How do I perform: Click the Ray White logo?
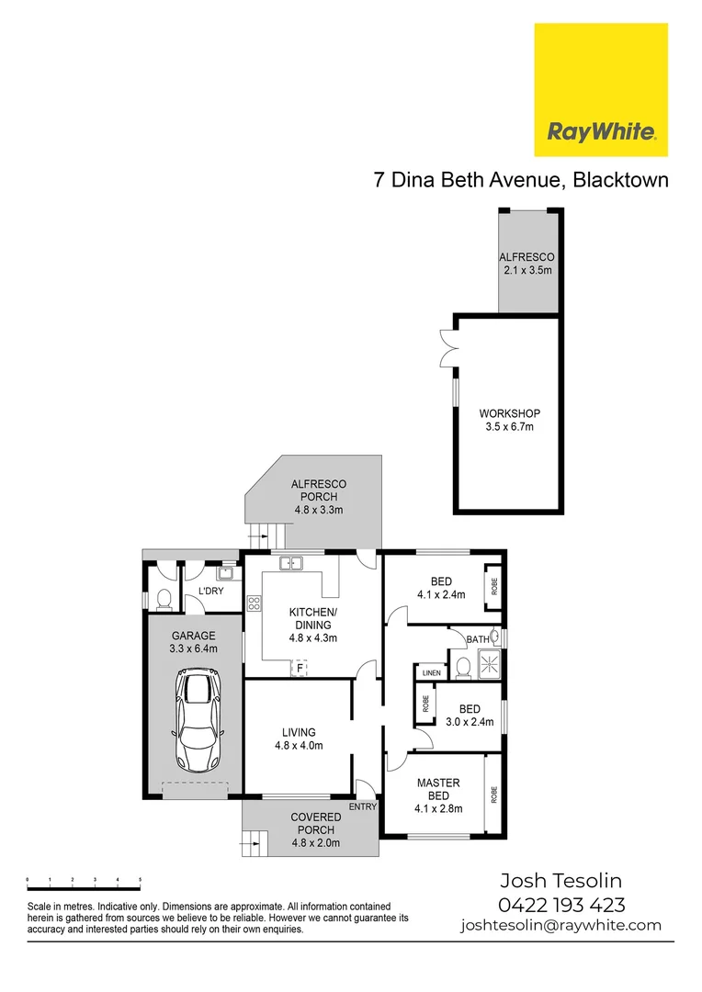pos(601,90)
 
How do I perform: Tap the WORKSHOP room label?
pos(509,413)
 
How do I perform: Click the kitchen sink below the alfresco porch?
pos(293,563)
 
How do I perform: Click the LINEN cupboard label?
pos(430,673)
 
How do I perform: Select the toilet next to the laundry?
pos(164,597)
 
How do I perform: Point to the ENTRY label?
pos(362,806)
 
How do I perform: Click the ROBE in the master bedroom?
pos(493,795)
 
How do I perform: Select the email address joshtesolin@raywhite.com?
pos(560,926)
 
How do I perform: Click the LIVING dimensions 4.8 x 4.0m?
pos(299,746)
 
